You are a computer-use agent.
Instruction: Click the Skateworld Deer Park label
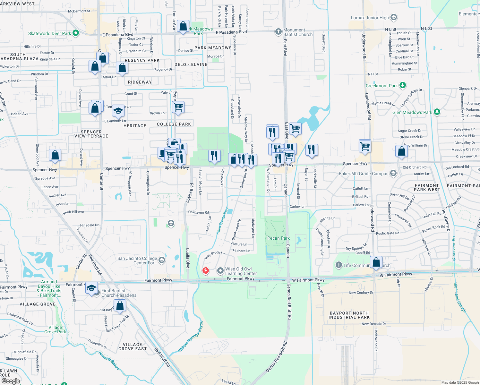pos(49,33)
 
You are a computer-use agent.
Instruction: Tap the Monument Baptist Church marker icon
pos(278,31)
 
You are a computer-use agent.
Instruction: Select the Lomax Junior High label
pos(370,18)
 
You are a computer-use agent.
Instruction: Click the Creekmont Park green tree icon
pos(403,85)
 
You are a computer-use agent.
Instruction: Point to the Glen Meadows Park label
pos(412,112)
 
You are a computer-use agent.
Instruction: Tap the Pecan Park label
pos(278,238)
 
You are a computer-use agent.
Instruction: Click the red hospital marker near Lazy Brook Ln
pos(206,270)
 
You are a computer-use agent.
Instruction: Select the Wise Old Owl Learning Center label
pos(241,271)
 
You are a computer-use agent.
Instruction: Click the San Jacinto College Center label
pos(137,261)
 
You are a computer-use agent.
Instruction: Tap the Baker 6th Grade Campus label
pos(364,174)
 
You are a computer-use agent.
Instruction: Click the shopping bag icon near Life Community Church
pos(376,262)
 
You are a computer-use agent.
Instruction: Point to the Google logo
pos(11,381)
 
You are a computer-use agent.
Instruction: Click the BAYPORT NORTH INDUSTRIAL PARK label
pos(349,315)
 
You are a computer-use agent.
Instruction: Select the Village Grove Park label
pos(55,329)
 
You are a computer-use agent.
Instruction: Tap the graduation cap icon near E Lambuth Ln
pos(118,111)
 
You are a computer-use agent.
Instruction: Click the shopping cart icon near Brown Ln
pos(178,107)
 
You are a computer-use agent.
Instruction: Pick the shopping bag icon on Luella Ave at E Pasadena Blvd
pos(183,26)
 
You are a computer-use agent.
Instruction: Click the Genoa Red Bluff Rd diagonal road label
pos(276,357)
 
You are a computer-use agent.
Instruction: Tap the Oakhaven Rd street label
pos(198,212)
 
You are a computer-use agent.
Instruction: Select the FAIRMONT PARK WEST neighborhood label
pos(427,187)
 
